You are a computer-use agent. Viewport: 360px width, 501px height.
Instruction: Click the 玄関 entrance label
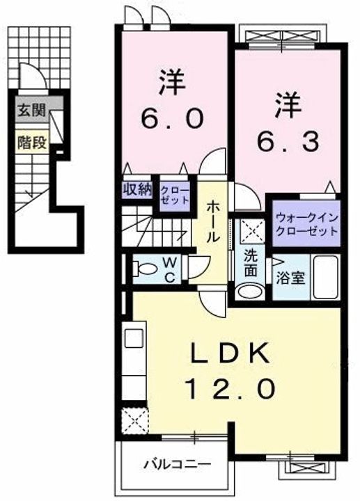(x=31, y=111)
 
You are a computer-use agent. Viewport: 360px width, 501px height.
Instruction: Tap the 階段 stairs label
(x=32, y=143)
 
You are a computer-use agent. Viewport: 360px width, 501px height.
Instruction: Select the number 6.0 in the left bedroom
(x=172, y=118)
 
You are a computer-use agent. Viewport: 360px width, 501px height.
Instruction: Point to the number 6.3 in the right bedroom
(x=288, y=141)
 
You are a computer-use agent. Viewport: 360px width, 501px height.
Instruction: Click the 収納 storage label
(x=138, y=190)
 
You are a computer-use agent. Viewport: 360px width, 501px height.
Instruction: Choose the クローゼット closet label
(x=174, y=196)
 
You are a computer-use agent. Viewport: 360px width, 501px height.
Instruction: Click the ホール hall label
(x=212, y=222)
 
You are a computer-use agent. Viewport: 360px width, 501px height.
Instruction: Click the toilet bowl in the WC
(x=145, y=268)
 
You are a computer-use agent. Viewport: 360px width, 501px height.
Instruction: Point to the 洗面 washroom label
(x=251, y=263)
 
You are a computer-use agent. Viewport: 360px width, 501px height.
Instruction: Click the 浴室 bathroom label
(x=290, y=278)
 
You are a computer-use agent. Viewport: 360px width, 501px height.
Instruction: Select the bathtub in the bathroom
(x=325, y=277)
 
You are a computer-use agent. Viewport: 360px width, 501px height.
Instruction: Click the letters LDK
(x=230, y=353)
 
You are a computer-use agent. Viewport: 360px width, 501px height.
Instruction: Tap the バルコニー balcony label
(x=177, y=463)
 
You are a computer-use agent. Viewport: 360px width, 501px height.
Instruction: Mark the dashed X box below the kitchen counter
(x=134, y=421)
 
